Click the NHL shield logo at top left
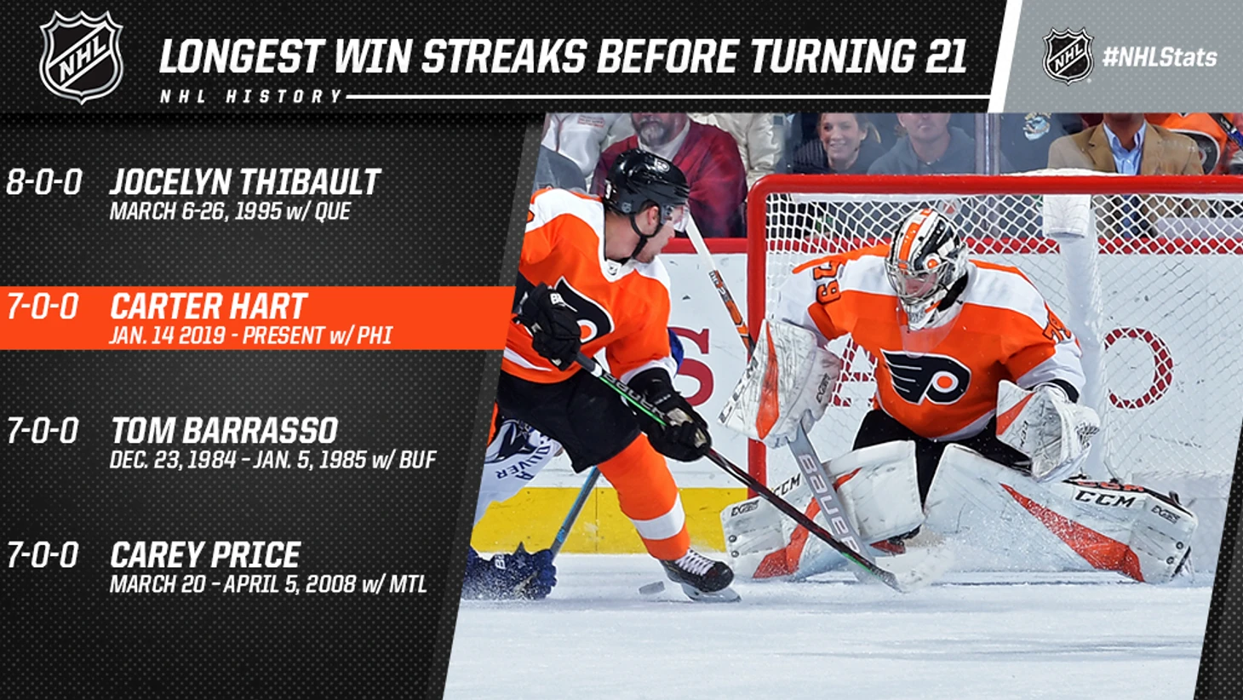[x=81, y=56]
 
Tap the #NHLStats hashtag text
[x=1160, y=57]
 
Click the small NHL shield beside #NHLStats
[x=1068, y=56]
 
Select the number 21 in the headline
[x=946, y=56]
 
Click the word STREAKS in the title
[x=504, y=56]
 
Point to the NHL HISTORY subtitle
[x=251, y=96]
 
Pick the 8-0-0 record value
[x=43, y=182]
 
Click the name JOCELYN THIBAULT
[x=245, y=182]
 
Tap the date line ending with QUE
[x=230, y=211]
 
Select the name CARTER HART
[x=208, y=306]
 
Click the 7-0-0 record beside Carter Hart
[x=43, y=307]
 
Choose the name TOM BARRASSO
[x=224, y=430]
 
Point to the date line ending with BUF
[x=273, y=460]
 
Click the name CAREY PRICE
[x=205, y=554]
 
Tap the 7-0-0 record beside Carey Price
[x=43, y=554]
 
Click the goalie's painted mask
[x=925, y=266]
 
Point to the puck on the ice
[x=651, y=588]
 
